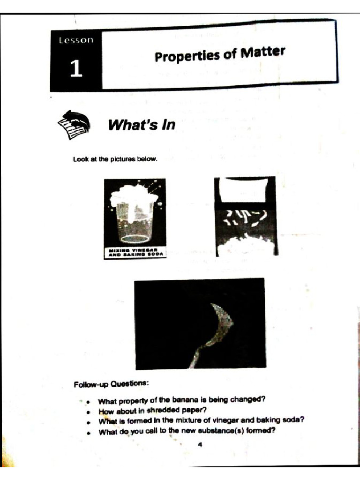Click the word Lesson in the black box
[76, 40]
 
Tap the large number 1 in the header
[76, 68]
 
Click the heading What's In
[141, 125]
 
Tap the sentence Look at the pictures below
[115, 159]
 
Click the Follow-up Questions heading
[111, 384]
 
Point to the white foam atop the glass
[134, 195]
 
